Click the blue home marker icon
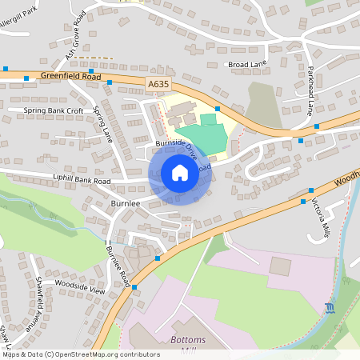pos(180,172)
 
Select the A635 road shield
pos(158,82)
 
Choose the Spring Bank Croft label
pos(54,110)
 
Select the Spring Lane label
pos(103,124)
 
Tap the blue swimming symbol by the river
pos(330,308)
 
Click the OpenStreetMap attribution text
pos(81,354)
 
